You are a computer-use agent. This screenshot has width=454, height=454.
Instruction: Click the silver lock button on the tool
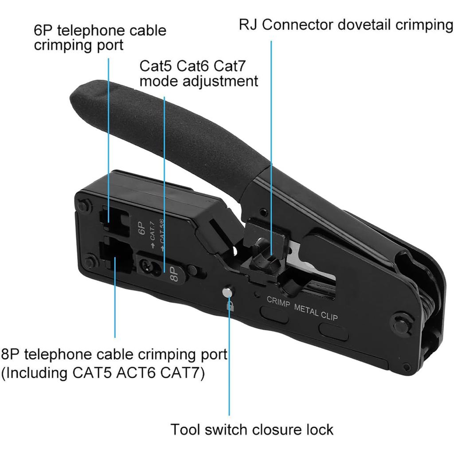[x=227, y=292]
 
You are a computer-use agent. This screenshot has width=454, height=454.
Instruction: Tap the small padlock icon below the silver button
[x=230, y=305]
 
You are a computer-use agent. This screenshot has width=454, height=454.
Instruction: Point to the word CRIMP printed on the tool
[x=278, y=301]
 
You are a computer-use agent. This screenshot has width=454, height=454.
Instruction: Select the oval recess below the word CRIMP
[x=274, y=313]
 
